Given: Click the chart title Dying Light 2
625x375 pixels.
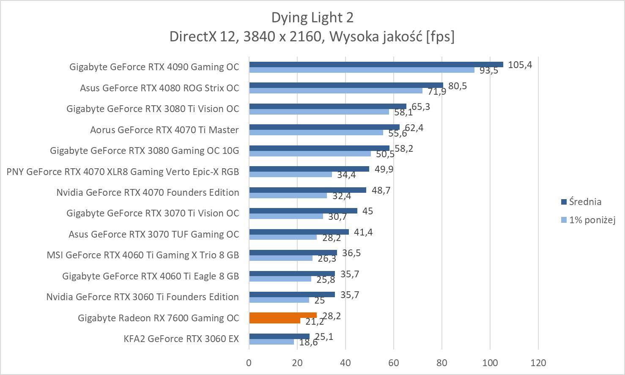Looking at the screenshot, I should (312, 17).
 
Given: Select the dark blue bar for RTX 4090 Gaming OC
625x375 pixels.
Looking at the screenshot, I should (376, 64).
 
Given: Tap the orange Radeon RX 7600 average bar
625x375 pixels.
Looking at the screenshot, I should (282, 315).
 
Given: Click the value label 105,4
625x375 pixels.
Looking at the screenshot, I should (520, 65).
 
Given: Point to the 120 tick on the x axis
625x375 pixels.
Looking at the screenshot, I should (538, 363).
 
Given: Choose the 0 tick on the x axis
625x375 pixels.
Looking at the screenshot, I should (249, 363).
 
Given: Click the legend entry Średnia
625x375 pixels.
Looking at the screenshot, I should (585, 202).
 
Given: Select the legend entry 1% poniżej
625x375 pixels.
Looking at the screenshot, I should (592, 220).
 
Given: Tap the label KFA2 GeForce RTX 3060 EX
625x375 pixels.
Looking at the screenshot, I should (181, 339).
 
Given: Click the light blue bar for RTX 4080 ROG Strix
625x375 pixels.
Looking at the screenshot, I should (335, 90).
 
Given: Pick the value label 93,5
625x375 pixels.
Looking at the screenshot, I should (488, 71).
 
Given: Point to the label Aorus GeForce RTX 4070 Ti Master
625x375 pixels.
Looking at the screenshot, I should (164, 130).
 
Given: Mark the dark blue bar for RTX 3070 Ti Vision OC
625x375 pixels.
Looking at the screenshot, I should (303, 211).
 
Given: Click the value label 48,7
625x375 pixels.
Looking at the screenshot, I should (381, 190).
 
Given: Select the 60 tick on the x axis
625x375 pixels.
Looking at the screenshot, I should (393, 363).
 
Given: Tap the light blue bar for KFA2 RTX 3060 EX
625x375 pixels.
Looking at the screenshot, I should (271, 342).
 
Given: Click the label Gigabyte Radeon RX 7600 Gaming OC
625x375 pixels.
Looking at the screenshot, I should (158, 318).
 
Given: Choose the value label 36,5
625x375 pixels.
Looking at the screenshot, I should (351, 253).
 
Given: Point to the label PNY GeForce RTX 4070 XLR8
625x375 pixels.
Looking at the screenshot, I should (123, 172).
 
